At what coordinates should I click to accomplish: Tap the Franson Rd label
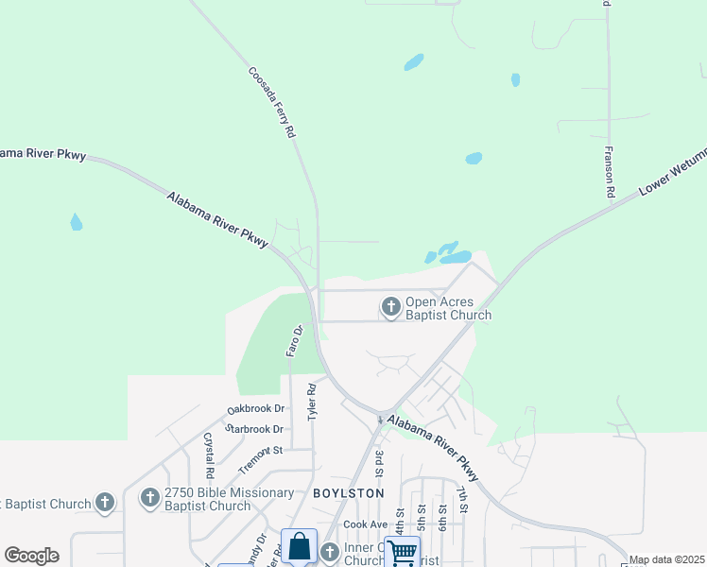(611, 171)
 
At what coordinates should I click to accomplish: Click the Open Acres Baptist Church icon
(390, 306)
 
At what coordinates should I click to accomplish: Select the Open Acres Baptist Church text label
(448, 309)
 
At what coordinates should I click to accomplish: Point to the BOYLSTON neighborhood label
(349, 493)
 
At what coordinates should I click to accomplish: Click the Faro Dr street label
(294, 341)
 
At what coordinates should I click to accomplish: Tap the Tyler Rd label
(311, 403)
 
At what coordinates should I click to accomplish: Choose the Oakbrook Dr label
(255, 409)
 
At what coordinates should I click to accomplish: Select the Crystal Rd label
(208, 455)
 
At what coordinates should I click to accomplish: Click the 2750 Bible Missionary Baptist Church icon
(150, 498)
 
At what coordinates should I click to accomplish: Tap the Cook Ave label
(366, 524)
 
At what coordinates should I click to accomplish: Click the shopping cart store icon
(402, 552)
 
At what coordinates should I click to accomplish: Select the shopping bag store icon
(299, 546)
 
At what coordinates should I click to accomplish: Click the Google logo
(31, 556)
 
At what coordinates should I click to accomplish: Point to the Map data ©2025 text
(666, 559)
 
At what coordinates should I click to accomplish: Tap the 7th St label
(463, 500)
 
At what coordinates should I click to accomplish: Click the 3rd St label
(379, 464)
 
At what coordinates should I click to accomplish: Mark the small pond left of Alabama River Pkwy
(76, 222)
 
